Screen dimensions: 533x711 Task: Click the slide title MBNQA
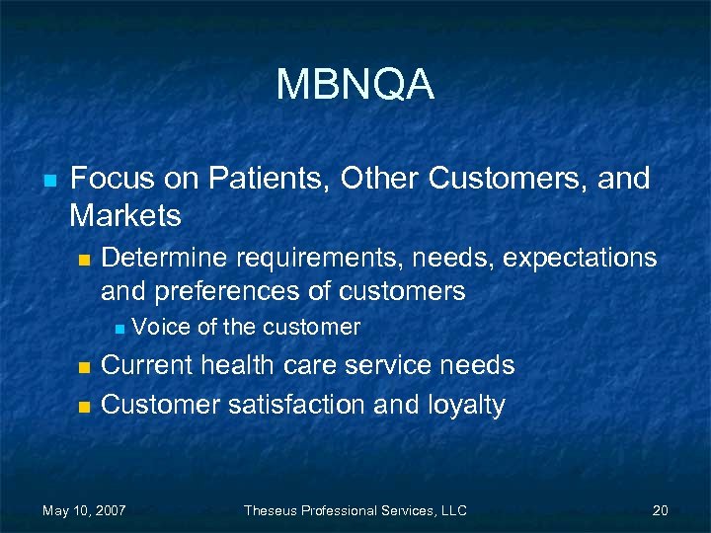355,85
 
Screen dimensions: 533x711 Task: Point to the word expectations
580,258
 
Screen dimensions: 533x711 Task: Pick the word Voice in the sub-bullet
161,327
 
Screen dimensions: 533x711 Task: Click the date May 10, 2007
84,510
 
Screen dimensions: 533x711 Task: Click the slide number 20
661,510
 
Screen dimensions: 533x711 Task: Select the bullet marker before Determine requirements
84,260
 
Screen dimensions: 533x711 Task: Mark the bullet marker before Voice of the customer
118,328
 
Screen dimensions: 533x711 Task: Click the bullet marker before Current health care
84,367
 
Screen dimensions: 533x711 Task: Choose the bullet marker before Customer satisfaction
84,406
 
